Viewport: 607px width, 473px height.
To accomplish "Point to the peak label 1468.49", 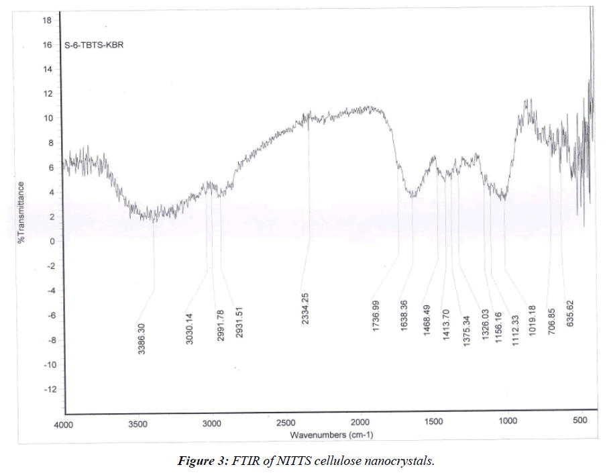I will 427,319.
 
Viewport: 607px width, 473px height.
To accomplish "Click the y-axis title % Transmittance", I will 21,212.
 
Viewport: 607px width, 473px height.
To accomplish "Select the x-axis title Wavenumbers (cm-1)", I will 331,435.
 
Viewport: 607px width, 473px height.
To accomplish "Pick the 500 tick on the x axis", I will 582,421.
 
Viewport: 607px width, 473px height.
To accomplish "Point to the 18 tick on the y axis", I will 47,21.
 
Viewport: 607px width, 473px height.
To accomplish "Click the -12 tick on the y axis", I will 44,389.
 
